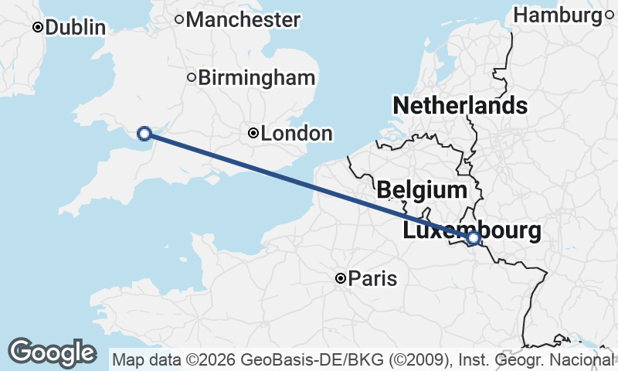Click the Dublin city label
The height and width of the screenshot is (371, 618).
point(75,27)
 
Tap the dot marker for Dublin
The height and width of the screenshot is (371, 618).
point(37,27)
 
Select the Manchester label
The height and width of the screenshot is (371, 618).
point(243,19)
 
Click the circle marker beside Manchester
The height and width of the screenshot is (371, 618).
point(178,19)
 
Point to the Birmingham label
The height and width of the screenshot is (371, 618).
point(256,77)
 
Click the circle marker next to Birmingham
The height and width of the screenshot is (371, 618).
point(192,77)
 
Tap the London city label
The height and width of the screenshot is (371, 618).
point(297,134)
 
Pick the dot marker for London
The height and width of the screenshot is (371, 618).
point(253,134)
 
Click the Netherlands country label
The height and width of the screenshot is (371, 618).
point(460,106)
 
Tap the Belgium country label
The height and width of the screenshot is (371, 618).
point(422,189)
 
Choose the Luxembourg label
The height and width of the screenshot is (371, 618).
point(471,230)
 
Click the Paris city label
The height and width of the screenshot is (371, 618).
point(372,278)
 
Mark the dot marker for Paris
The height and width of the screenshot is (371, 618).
point(340,278)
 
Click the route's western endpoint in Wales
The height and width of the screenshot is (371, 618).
point(144,133)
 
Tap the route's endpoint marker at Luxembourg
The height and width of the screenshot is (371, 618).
point(474,238)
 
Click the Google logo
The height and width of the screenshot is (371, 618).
point(52,352)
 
